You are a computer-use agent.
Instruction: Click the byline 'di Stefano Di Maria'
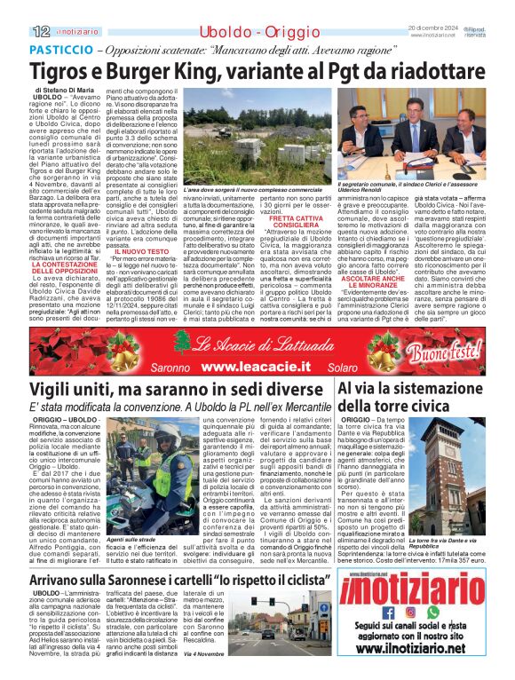point(65,91)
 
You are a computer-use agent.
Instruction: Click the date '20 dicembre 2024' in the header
point(434,28)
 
